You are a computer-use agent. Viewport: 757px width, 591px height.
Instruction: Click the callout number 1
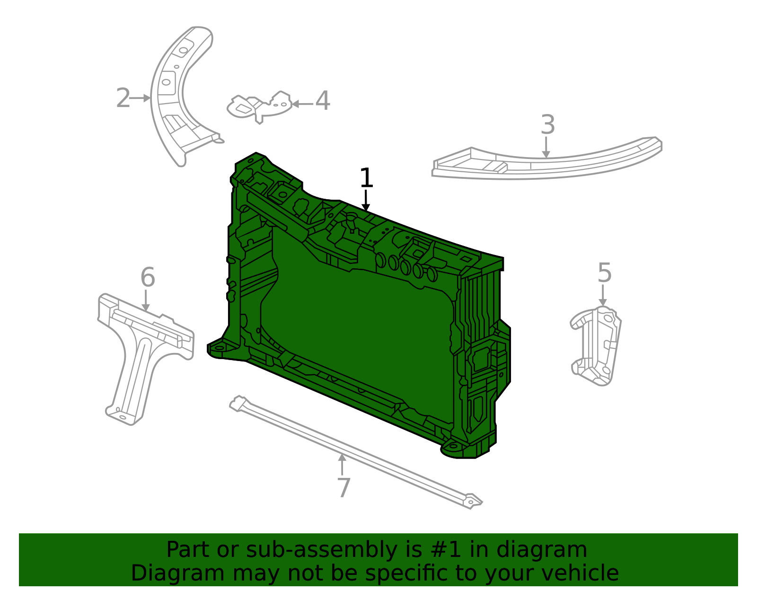coord(366,179)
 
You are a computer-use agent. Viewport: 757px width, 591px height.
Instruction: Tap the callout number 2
coord(123,98)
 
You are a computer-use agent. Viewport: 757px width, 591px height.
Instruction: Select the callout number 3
coord(547,125)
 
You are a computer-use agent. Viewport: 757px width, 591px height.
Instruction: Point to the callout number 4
coord(323,101)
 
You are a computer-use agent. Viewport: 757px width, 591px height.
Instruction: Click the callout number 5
coord(604,273)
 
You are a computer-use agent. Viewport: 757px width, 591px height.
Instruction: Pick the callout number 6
coord(148,277)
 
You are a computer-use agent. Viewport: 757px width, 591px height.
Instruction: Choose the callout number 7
coord(344,488)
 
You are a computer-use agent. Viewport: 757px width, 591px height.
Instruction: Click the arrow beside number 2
coord(140,98)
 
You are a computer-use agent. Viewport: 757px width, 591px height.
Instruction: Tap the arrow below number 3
coord(546,147)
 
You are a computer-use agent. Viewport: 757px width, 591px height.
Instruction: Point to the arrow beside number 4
coord(302,104)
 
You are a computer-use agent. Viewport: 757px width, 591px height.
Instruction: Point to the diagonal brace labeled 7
coord(355,452)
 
